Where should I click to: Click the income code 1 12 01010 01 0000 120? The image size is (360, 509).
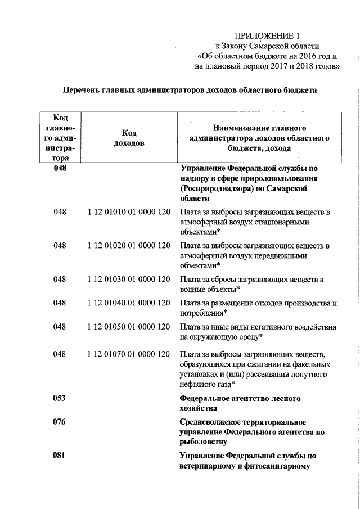(x=129, y=212)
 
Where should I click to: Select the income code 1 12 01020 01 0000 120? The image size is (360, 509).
(x=129, y=245)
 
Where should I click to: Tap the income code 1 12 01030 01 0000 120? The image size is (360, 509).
(x=129, y=279)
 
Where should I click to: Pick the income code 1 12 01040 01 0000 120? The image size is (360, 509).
(x=129, y=303)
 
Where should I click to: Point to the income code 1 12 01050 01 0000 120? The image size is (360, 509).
(x=129, y=327)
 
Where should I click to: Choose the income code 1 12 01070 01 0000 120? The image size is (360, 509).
(x=129, y=354)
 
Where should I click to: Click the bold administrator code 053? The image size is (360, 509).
(x=60, y=398)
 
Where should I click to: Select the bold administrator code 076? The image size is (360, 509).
(x=60, y=422)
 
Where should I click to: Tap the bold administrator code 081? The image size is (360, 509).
(x=60, y=456)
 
